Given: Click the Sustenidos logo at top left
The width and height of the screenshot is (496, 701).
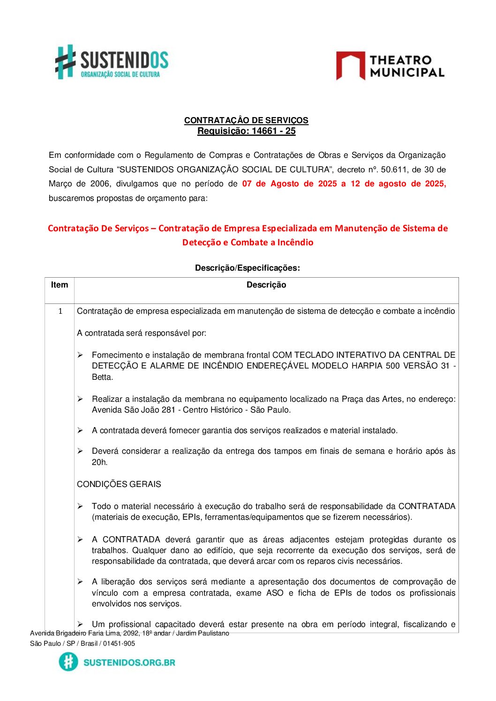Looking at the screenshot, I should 112,62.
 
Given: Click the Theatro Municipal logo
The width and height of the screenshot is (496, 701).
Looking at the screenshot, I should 390,66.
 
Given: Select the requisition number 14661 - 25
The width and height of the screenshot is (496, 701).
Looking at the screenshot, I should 273,131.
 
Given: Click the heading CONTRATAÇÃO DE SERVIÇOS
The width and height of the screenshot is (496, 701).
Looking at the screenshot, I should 246,120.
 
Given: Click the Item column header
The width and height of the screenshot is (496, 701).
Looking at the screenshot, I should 60,285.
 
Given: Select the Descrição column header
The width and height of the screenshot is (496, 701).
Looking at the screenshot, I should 266,285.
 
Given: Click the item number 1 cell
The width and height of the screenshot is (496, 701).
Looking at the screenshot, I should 60,311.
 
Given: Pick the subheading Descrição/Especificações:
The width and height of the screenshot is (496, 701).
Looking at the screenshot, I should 247,268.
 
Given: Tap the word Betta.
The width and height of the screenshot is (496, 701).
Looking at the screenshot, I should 102,377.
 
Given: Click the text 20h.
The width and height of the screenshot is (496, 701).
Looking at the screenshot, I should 99,462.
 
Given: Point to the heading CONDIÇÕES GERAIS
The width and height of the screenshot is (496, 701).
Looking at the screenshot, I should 119,484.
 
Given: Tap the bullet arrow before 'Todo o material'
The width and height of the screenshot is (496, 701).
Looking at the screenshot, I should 80,506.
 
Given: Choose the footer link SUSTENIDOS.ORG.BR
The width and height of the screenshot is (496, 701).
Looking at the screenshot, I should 129,662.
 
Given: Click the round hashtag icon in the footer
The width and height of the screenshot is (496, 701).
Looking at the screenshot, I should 68,662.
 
